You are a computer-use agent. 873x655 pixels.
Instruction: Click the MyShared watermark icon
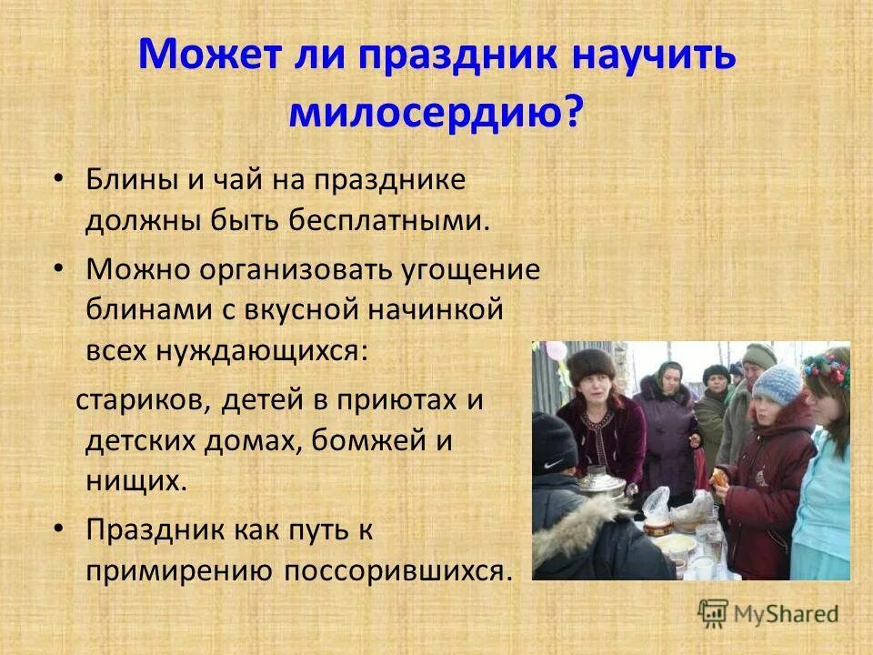(714, 613)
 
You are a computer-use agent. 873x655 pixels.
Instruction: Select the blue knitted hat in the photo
(778, 384)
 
